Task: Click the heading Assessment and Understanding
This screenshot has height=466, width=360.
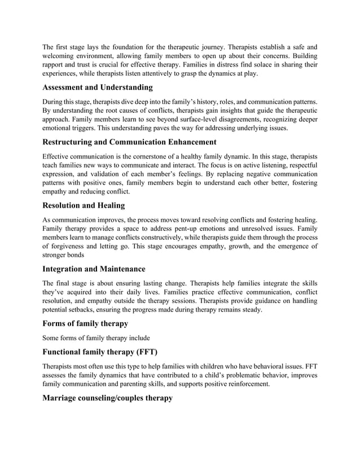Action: click(x=98, y=87)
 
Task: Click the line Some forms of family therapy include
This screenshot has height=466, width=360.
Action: click(x=96, y=338)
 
